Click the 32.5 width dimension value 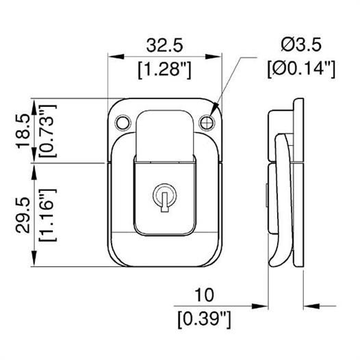pos(165,45)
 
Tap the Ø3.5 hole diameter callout pos(301,44)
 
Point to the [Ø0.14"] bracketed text pos(301,69)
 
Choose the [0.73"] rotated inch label pos(47,131)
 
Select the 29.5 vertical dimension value pos(23,216)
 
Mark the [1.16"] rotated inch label pos(47,215)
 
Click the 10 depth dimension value pos(204,295)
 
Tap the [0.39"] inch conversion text pos(204,320)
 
